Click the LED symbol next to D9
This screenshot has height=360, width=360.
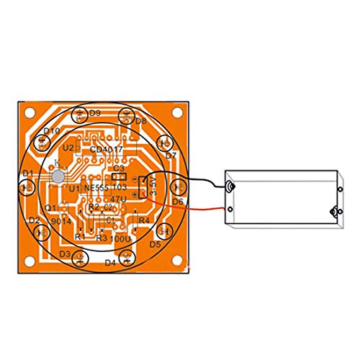(x=78, y=113)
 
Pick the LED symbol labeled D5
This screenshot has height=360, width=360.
(x=163, y=230)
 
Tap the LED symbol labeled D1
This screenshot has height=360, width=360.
(x=27, y=185)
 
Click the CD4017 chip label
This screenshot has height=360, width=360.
(x=107, y=150)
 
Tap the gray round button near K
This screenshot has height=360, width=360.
(x=58, y=176)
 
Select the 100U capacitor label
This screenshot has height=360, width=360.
(x=120, y=238)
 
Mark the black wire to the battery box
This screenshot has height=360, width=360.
(x=194, y=177)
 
